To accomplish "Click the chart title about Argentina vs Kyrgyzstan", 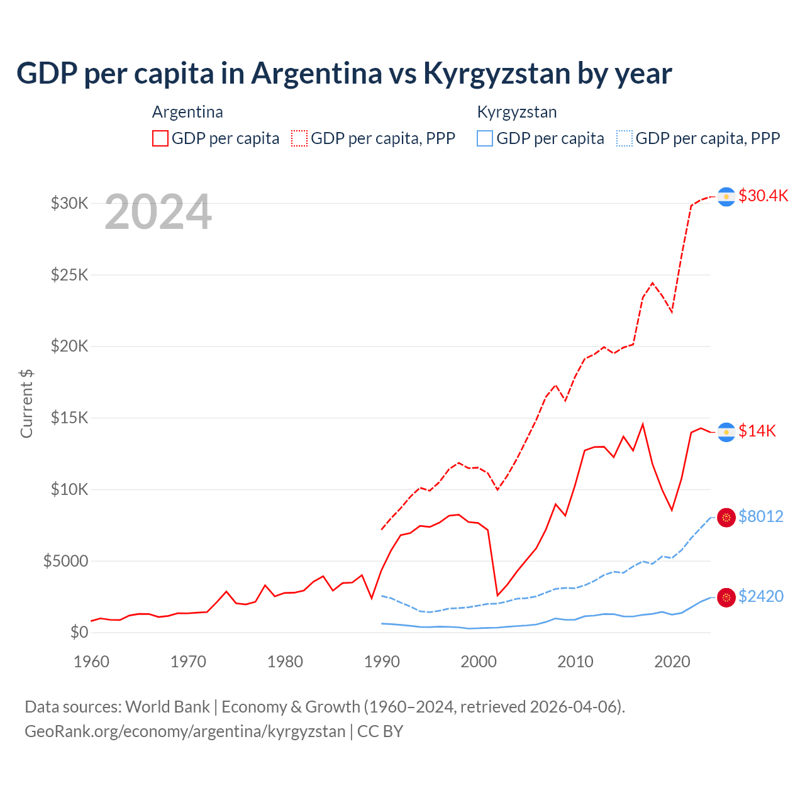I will tap(344, 73).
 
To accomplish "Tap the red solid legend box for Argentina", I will tap(160, 138).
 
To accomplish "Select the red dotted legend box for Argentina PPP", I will tap(299, 138).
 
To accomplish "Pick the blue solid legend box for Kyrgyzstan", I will tap(485, 138).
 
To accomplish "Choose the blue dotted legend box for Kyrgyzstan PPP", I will tap(625, 138).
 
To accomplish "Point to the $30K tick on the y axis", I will tap(70, 203).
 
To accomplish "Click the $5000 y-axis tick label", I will tap(66, 561).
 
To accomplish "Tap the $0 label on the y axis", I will tap(79, 632).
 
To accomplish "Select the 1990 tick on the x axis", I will tap(382, 662).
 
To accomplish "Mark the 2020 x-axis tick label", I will tap(672, 662).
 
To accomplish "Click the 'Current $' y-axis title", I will tap(26, 404).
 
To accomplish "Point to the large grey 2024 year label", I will tap(158, 212).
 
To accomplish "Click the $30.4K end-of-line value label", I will tap(763, 196).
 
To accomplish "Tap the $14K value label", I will tap(757, 431).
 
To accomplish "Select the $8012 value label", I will tap(761, 516).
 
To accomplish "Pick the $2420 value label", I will tap(761, 596).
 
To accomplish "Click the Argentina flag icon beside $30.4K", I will tap(726, 197).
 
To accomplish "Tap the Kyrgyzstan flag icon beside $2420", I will tap(726, 597).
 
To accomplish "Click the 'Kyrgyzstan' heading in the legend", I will tap(517, 112).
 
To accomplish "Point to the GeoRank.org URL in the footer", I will tap(185, 731).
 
